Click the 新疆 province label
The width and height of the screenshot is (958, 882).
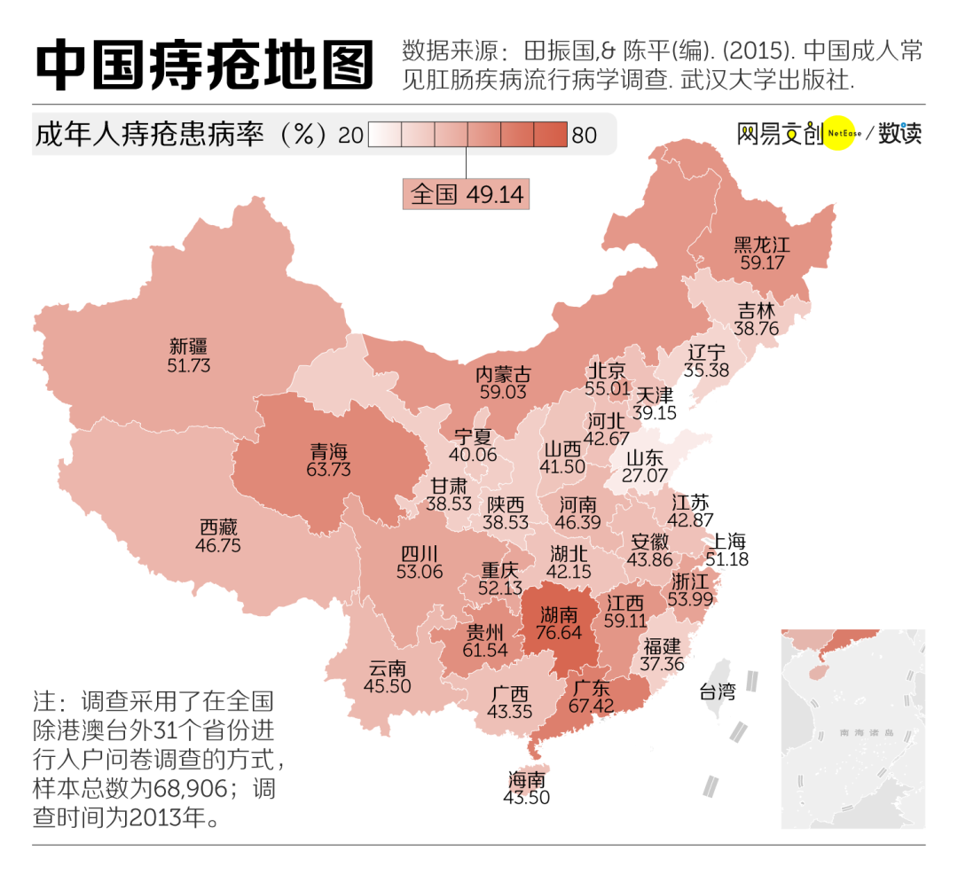pos(188,346)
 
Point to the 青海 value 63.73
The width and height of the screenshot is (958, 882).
pos(328,470)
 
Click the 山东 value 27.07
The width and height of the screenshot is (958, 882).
pos(645,476)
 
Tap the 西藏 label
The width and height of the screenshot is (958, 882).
pos(218,527)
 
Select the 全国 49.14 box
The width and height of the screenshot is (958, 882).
pos(467,193)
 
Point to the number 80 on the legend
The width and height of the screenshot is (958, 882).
pos(585,135)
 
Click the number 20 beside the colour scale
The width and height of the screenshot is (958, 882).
pos(350,135)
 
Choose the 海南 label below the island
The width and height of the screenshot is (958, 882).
pos(527,780)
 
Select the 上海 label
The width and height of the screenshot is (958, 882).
pos(727,542)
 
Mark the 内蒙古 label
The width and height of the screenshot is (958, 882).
pos(504,373)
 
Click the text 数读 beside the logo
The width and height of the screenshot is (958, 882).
pos(900,135)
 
